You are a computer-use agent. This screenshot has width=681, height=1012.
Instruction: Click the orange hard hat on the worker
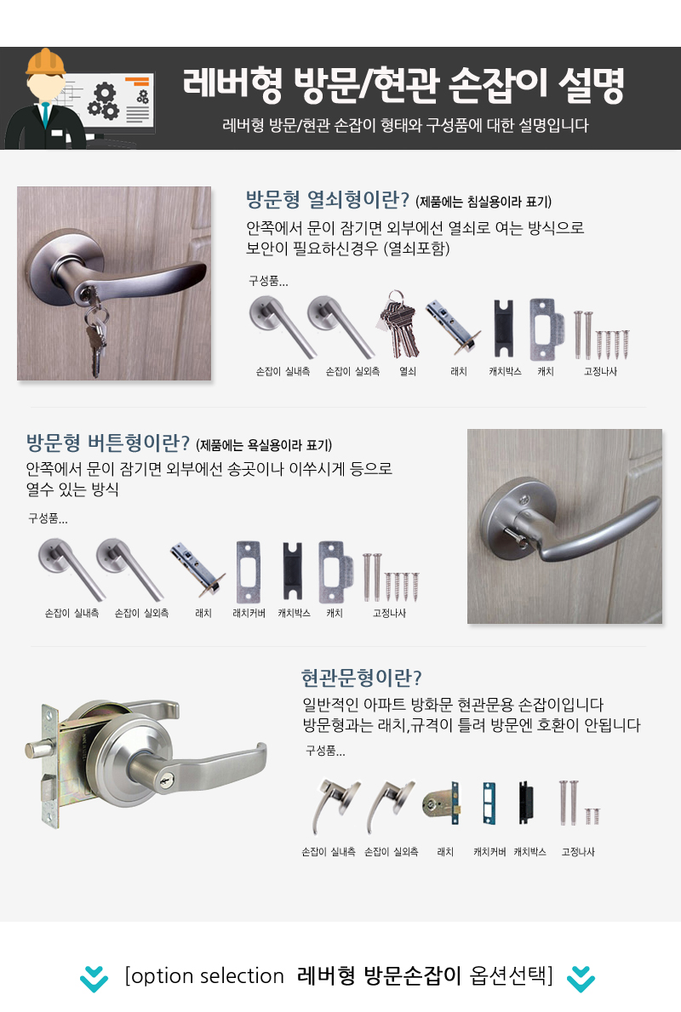pyautogui.click(x=45, y=62)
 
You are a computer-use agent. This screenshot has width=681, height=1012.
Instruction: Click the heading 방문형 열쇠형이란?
pyautogui.click(x=327, y=199)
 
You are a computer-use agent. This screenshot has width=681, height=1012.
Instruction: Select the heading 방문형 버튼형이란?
pyautogui.click(x=108, y=443)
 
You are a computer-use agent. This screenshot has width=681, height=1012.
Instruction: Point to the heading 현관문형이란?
pyautogui.click(x=362, y=678)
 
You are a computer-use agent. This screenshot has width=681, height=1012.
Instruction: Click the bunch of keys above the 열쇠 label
pyautogui.click(x=399, y=324)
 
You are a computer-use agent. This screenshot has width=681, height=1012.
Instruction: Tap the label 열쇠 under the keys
pyautogui.click(x=407, y=372)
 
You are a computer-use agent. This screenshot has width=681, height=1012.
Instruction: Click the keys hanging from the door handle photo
pyautogui.click(x=94, y=329)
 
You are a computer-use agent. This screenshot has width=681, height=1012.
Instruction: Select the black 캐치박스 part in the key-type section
pyautogui.click(x=503, y=329)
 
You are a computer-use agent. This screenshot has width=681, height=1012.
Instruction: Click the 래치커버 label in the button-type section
pyautogui.click(x=249, y=613)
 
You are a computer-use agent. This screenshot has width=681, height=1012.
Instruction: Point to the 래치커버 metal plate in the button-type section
pyautogui.click(x=249, y=572)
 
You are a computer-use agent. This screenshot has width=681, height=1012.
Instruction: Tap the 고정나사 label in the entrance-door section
pyautogui.click(x=578, y=852)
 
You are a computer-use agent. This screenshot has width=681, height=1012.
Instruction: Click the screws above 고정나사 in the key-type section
pyautogui.click(x=601, y=335)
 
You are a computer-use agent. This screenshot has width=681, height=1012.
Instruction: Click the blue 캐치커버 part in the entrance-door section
pyautogui.click(x=489, y=803)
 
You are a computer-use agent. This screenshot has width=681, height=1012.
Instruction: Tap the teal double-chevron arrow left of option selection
pyautogui.click(x=94, y=979)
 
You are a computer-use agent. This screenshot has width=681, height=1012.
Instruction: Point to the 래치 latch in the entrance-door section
pyautogui.click(x=442, y=803)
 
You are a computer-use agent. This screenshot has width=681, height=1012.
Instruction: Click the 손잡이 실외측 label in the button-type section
pyautogui.click(x=141, y=613)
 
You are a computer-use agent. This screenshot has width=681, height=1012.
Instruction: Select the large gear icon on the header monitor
pyautogui.click(x=103, y=101)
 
